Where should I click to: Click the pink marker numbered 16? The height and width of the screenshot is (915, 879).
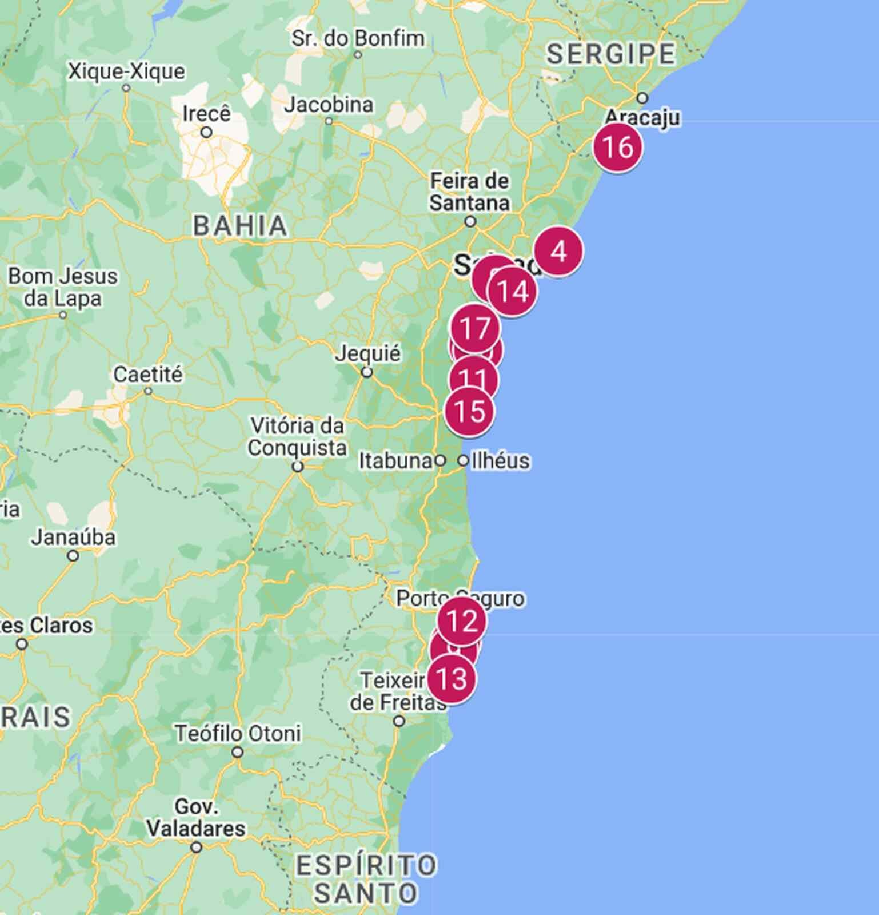coord(617,147)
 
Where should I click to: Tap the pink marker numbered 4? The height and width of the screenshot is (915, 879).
coord(558,252)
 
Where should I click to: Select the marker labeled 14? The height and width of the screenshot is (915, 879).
coord(513,292)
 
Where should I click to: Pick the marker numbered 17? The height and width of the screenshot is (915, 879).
coord(475,328)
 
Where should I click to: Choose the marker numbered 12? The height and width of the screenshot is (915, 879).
coord(462,621)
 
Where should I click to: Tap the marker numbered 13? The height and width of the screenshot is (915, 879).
coord(452,679)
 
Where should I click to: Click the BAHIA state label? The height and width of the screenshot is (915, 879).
coord(240,225)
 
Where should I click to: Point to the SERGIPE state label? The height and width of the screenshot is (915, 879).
coord(610,54)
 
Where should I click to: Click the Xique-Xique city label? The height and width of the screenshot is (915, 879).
coord(126,72)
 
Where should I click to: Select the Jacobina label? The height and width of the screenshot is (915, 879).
coord(329,105)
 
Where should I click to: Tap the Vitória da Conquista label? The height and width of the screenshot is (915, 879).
coord(297,436)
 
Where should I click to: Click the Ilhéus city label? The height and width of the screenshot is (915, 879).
coord(500,460)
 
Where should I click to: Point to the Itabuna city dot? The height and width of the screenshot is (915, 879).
coord(440,460)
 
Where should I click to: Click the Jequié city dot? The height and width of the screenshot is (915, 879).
coord(367,372)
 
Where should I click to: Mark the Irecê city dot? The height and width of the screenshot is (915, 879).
coord(206,132)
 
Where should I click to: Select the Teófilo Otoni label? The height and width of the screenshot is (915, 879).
coord(238,733)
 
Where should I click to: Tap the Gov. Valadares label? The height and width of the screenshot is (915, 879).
coord(196,818)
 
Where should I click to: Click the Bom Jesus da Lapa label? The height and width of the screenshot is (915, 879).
coord(62,287)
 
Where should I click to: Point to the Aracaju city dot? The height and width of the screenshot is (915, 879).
coord(642,98)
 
